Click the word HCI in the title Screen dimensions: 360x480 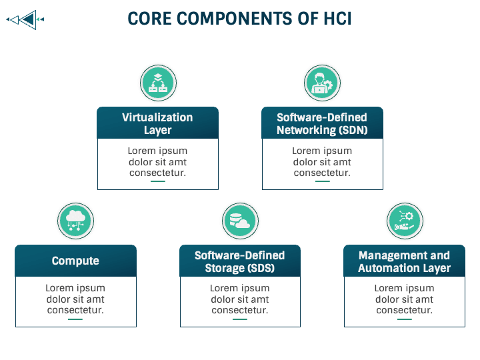click(x=336, y=19)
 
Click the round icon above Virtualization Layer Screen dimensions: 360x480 click(x=157, y=83)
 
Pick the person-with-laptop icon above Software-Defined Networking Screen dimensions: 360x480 click(x=322, y=83)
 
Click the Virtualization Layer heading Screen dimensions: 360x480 click(x=157, y=123)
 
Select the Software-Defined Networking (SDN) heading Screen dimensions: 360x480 click(x=322, y=123)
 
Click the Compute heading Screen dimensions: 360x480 click(x=75, y=261)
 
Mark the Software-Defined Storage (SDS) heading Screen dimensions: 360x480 click(x=239, y=261)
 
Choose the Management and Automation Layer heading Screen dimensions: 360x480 click(x=404, y=261)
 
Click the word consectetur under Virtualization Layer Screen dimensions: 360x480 click(x=157, y=173)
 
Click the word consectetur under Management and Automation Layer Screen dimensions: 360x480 click(x=404, y=310)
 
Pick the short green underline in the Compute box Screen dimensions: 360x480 click(x=75, y=319)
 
